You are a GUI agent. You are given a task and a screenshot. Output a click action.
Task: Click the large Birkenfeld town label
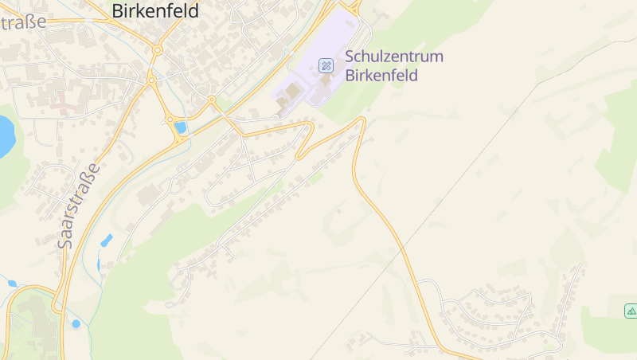point(155,10)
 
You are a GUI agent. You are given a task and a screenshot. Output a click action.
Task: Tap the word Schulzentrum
point(394,57)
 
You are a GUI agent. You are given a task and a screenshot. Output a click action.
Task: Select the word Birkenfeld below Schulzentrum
point(381,76)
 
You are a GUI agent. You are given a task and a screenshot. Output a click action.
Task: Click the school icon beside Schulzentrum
point(326,65)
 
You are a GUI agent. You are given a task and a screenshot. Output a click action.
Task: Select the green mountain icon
point(631,311)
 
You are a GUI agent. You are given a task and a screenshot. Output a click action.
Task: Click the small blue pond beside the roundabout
point(181,127)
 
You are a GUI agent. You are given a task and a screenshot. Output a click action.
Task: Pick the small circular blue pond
point(76,323)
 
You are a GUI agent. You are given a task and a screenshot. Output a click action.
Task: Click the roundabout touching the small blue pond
point(169,120)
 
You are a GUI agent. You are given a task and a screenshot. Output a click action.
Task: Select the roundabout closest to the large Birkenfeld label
point(158,49)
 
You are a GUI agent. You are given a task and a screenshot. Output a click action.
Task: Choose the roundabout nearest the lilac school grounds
point(212,100)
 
